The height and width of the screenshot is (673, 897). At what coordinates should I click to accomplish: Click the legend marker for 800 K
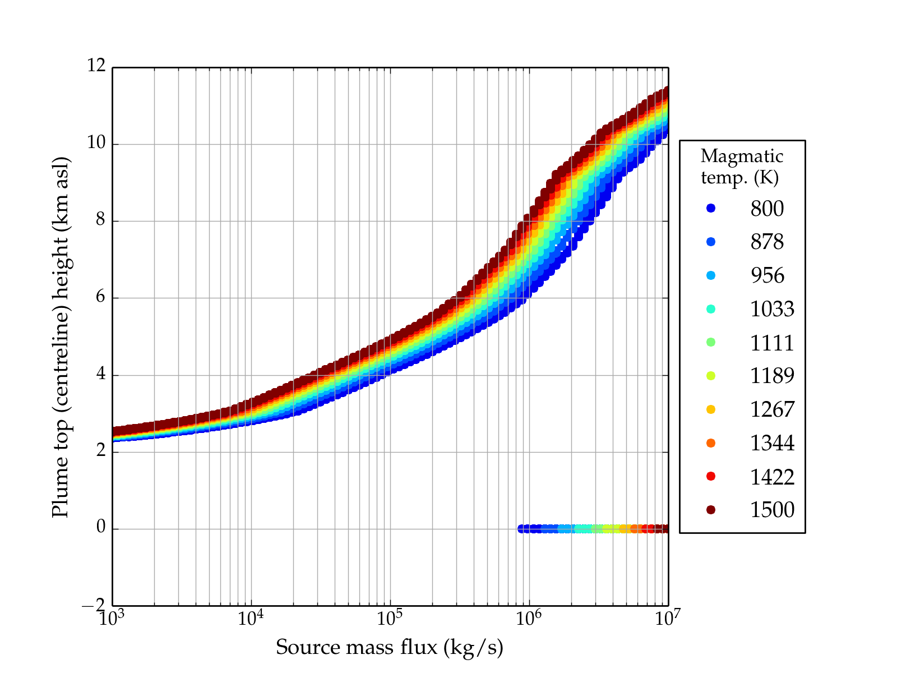[x=711, y=208]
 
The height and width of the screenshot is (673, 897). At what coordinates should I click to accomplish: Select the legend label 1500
[x=772, y=510]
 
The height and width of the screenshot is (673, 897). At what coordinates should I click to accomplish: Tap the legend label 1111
[x=772, y=343]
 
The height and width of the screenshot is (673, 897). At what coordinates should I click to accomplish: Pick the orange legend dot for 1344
[x=711, y=443]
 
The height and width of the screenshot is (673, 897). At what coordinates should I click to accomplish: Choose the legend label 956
[x=767, y=275]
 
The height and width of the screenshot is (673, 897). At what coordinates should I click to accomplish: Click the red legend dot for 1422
[x=711, y=476]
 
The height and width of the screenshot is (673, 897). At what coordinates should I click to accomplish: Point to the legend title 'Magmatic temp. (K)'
[x=742, y=167]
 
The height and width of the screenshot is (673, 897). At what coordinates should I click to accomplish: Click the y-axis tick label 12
[x=96, y=66]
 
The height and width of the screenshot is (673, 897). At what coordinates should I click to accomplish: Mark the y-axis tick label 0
[x=100, y=528]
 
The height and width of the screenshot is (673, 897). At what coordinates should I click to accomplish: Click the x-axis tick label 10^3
[x=112, y=618]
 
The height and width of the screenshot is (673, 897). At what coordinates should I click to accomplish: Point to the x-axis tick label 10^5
[x=390, y=618]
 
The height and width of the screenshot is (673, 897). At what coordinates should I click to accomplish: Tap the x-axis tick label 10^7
[x=668, y=618]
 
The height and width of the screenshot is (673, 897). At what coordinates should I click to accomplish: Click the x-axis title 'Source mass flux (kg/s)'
[x=390, y=648]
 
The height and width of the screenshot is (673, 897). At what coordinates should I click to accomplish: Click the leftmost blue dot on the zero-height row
[x=521, y=529]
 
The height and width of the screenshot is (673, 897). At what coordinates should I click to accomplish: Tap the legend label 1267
[x=772, y=409]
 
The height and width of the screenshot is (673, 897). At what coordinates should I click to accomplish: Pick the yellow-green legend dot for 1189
[x=711, y=376]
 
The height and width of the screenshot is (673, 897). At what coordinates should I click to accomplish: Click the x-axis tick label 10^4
[x=251, y=618]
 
